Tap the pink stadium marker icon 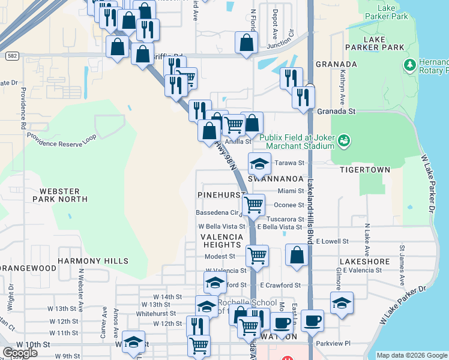[345, 141]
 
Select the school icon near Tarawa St [259, 164]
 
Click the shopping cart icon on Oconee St [254, 204]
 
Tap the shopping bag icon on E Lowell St [297, 254]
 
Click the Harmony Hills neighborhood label [93, 261]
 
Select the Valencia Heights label [221, 241]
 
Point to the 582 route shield [11, 55]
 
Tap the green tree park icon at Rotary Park [411, 64]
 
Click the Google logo [20, 353]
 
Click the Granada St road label [340, 111]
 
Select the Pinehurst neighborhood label [221, 196]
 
